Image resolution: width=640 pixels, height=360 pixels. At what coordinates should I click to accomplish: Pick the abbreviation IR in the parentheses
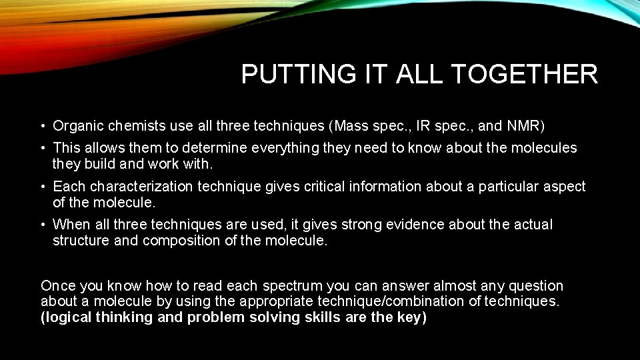point(421,125)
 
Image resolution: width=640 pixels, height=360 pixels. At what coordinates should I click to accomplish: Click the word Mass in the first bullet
point(351,125)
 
